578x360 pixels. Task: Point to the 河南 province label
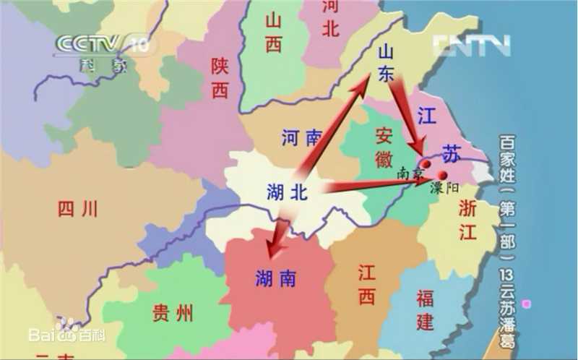coord(301,137)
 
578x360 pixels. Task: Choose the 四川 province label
coord(77,209)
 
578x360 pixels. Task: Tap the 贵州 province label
coord(173,313)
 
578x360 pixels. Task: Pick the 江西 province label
coord(366,283)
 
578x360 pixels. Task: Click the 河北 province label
coord(329,18)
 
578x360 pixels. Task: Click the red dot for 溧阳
coord(442,176)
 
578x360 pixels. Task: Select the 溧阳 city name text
coord(444,187)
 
